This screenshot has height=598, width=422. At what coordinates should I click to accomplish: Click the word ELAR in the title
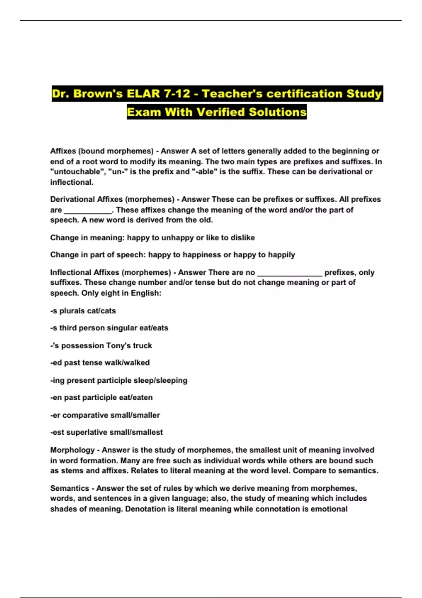pyautogui.click(x=143, y=94)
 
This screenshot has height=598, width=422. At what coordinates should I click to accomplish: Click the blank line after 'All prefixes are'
pyautogui.click(x=88, y=210)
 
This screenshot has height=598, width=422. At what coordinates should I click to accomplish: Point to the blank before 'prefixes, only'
pyautogui.click(x=289, y=273)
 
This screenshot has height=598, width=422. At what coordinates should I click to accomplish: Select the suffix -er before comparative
pyautogui.click(x=55, y=415)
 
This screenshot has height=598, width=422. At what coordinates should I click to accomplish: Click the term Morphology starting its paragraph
pyautogui.click(x=72, y=450)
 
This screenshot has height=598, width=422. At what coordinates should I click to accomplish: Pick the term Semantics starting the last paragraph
pyautogui.click(x=70, y=488)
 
